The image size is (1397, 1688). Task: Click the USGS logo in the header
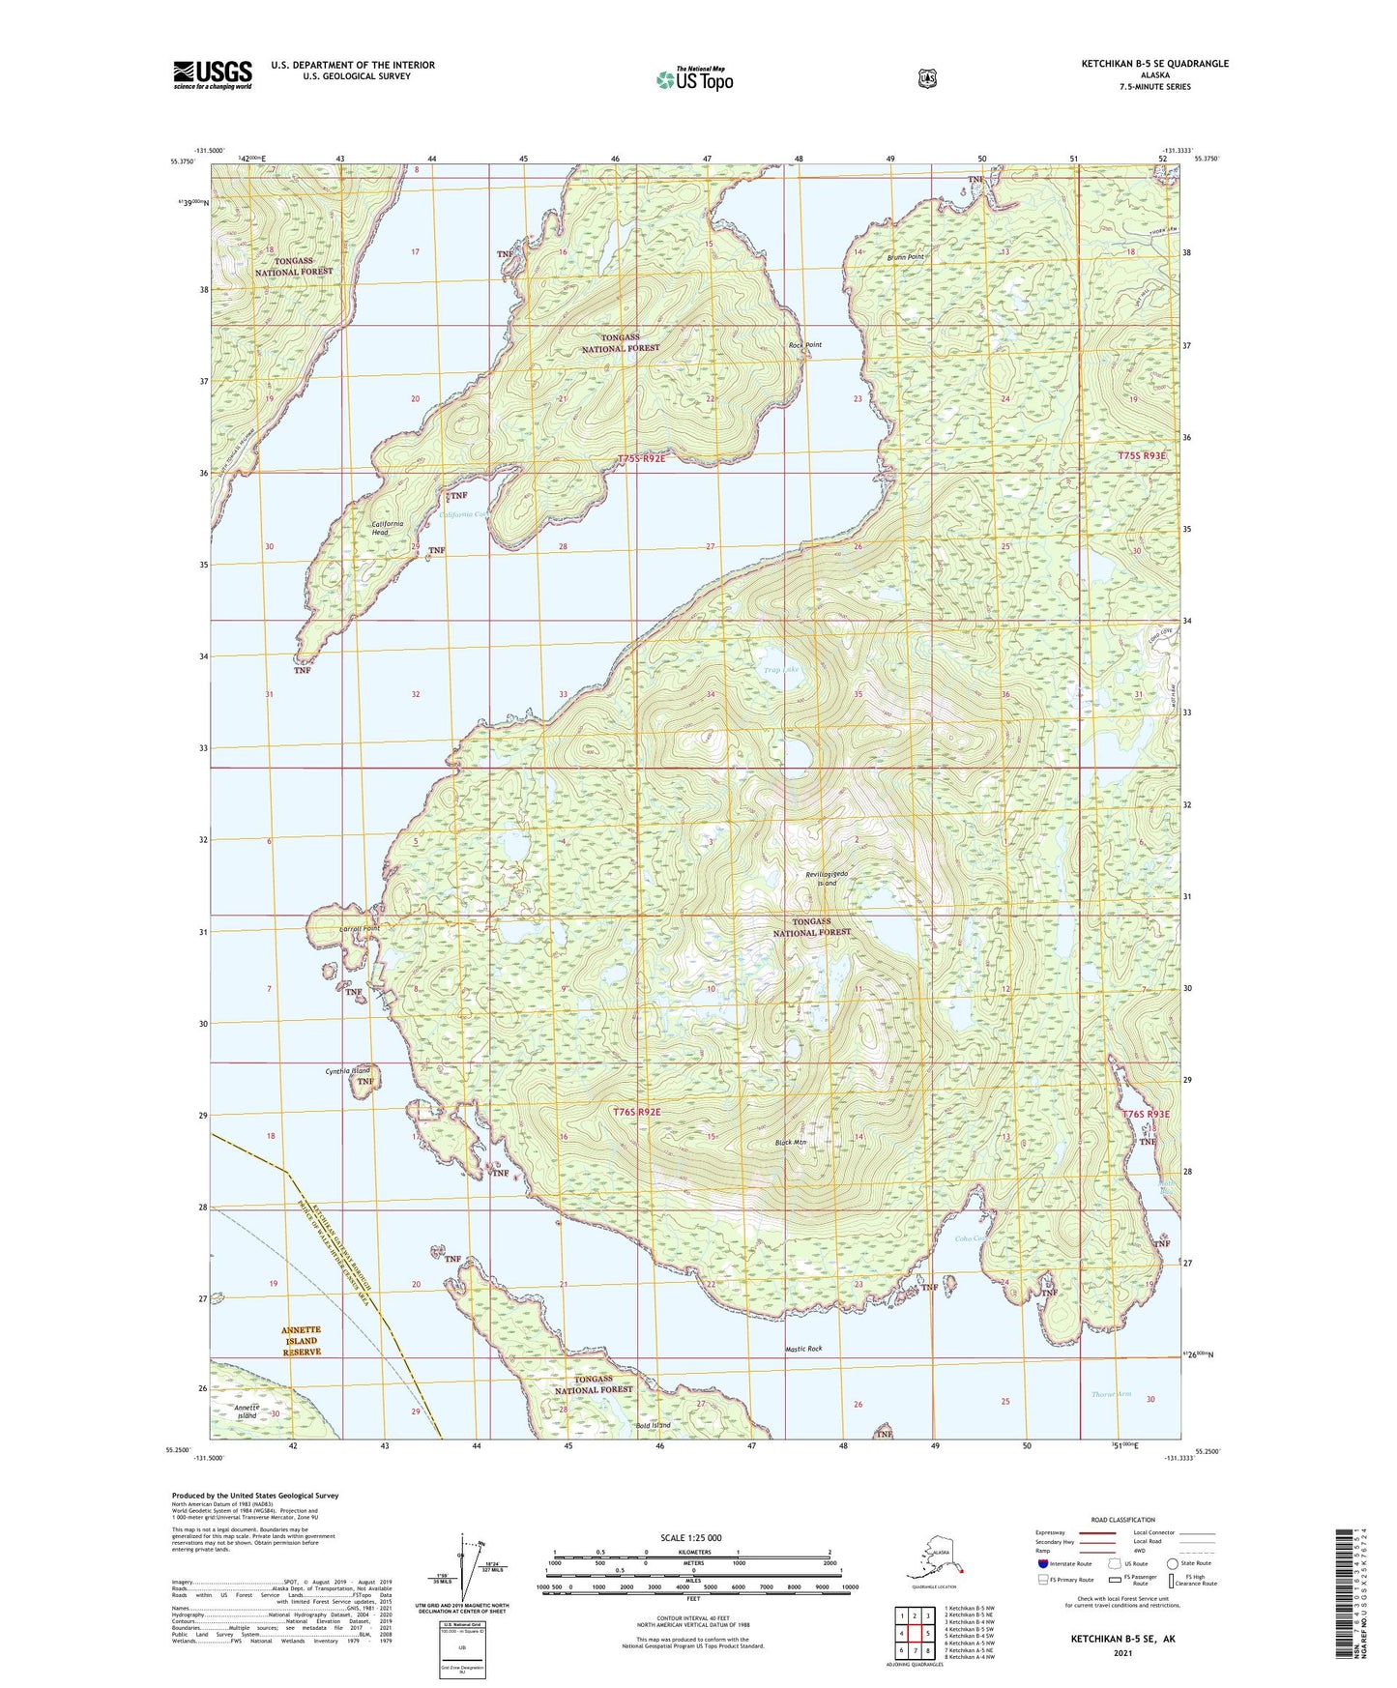tap(213, 74)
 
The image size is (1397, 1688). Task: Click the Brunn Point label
tap(906, 257)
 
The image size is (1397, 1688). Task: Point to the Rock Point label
tap(804, 345)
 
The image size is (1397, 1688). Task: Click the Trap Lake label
tap(783, 670)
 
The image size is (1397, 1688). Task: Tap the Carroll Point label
tap(360, 929)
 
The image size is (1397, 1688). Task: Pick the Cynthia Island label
tap(347, 1071)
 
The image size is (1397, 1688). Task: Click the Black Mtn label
tap(790, 1143)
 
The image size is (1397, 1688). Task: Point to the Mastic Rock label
tap(803, 1349)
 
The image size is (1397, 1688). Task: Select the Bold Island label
tap(653, 1425)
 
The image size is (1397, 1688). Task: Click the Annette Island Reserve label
tap(301, 1341)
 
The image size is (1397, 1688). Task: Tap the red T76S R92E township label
tap(636, 1112)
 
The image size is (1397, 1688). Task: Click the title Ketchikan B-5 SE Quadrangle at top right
tap(1154, 64)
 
